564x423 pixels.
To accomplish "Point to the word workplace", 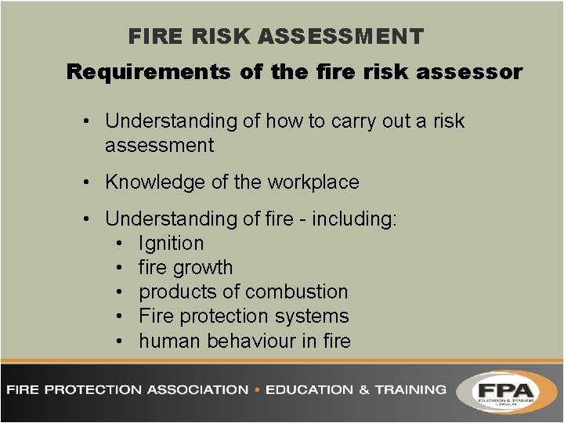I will coord(313,183).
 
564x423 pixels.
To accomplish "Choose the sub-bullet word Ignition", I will coord(171,244).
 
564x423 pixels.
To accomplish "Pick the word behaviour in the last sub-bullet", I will coord(255,341).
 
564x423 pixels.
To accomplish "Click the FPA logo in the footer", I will coord(507,389).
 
